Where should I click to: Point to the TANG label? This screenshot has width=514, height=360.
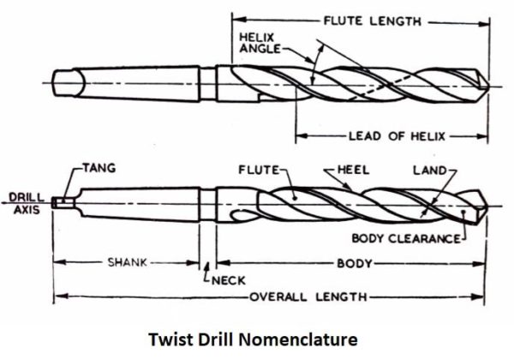tap(100, 169)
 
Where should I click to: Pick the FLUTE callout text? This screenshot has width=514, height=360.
tap(257, 170)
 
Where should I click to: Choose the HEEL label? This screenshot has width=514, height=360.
tap(351, 170)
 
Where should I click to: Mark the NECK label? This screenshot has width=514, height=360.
tap(224, 279)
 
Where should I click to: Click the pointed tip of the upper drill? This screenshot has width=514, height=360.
tap(487, 83)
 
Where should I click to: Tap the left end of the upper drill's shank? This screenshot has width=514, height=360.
tap(53, 83)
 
